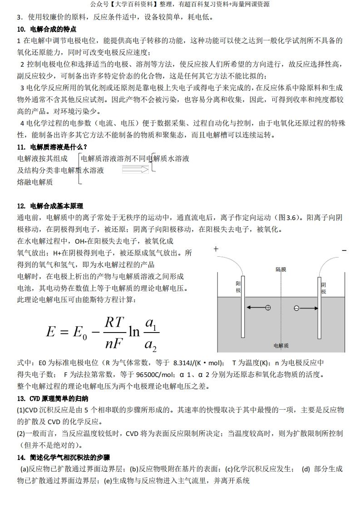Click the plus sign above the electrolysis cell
point(216,249)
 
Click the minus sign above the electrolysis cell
point(344,250)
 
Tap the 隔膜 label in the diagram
point(281,269)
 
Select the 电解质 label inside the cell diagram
point(281,346)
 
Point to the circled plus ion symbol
point(268,308)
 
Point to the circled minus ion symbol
point(296,308)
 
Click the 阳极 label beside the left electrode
point(238,287)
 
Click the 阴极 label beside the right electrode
point(324,288)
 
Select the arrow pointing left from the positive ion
point(256,308)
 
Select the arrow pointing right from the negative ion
point(309,308)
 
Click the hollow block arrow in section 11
point(135,169)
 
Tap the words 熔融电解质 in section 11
point(35,182)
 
